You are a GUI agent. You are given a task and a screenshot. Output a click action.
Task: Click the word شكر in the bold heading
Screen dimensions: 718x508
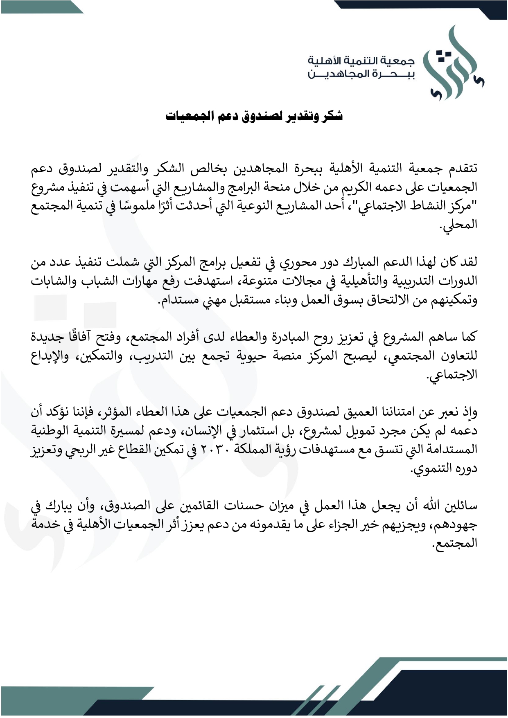(x=332, y=117)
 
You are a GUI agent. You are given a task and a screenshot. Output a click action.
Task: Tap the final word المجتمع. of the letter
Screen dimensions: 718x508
(x=456, y=545)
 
